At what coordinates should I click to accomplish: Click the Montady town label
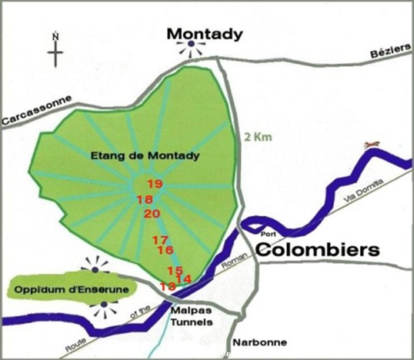click(205, 34)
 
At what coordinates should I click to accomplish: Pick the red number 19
click(155, 184)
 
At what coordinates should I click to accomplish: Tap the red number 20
click(152, 213)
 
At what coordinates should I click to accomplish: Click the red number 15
click(175, 271)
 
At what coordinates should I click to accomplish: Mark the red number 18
click(144, 200)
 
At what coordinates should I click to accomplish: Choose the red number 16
click(165, 250)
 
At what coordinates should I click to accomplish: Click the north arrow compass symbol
click(55, 49)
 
